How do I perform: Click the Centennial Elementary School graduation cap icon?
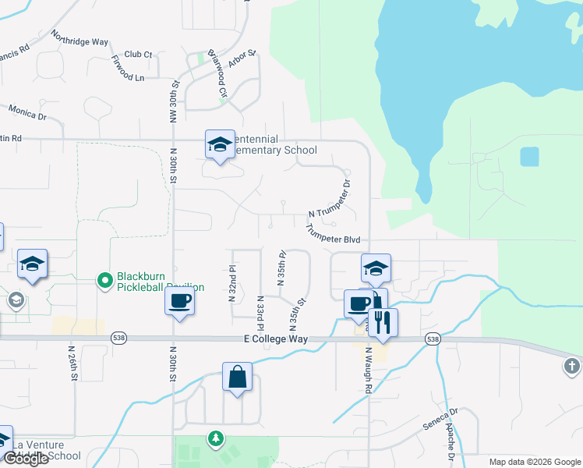[220, 144]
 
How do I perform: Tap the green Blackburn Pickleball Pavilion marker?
[104, 279]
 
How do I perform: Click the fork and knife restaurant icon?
[382, 322]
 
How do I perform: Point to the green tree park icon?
[214, 440]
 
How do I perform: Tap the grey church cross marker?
[573, 366]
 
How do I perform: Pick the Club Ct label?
[138, 55]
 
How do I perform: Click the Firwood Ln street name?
[128, 69]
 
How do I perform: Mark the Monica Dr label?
[27, 113]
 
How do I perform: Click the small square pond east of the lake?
[529, 157]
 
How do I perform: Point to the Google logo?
[26, 459]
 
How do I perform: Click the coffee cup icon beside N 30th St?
[179, 300]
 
